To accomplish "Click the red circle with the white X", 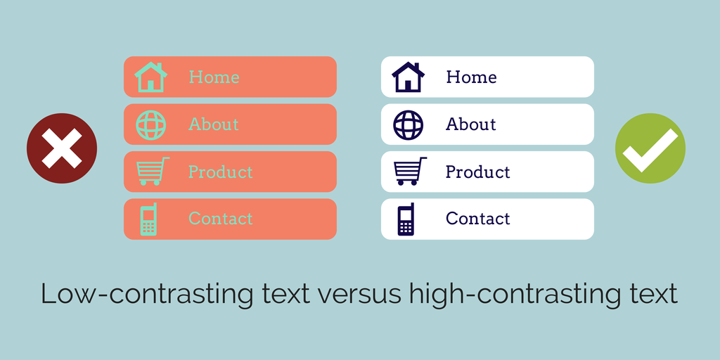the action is [x=62, y=148].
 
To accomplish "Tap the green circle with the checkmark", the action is [x=650, y=148].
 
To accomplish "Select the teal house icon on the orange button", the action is [x=150, y=77].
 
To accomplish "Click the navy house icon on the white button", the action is [x=408, y=77].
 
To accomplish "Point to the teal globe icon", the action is [x=150, y=125].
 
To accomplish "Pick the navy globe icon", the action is [x=408, y=125].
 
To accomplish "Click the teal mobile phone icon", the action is [x=149, y=219].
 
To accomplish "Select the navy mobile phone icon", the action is [x=406, y=219].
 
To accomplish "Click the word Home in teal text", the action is [x=214, y=77].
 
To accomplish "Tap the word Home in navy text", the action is [x=471, y=77].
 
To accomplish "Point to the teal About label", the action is [x=214, y=124].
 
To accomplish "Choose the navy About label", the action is [x=470, y=124].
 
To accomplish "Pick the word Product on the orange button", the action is [x=220, y=172].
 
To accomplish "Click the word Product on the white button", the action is [x=477, y=172].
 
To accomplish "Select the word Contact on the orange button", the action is [x=220, y=219].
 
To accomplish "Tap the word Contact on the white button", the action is [x=477, y=219].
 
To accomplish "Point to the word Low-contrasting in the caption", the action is [x=147, y=295].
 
